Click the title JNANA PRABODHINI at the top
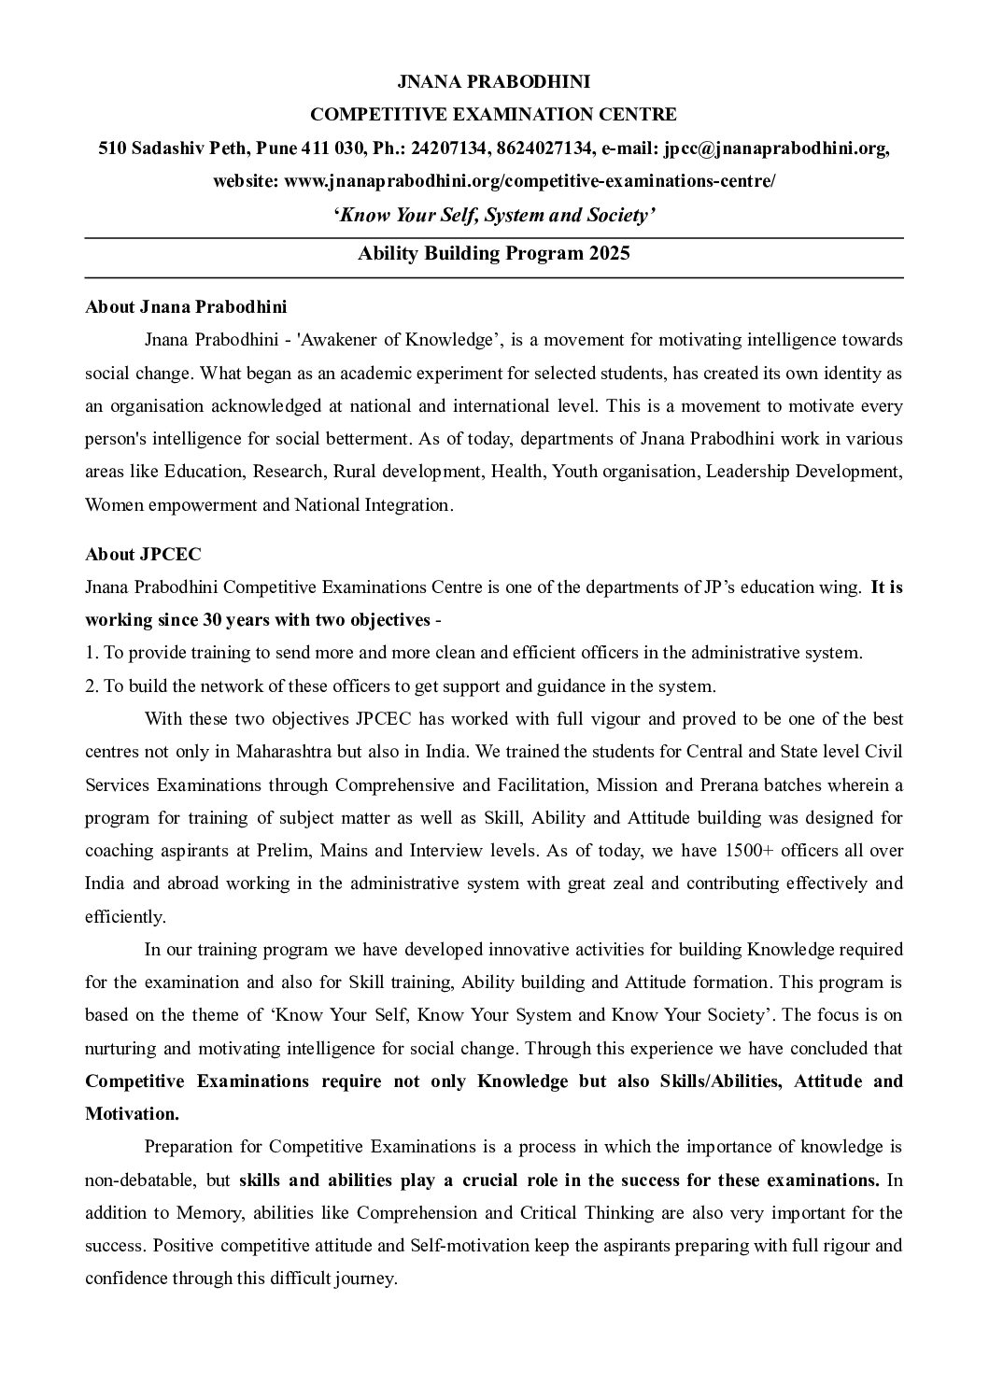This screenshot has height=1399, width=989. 493,81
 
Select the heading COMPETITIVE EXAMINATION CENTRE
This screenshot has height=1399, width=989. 493,115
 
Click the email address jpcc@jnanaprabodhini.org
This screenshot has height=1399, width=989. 776,148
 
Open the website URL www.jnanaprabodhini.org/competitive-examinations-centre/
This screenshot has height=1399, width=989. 529,181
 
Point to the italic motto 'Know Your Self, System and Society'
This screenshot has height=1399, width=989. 493,216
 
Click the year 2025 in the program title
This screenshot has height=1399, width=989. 609,253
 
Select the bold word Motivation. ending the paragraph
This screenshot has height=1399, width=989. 132,1114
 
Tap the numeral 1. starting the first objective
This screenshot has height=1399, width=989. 91,653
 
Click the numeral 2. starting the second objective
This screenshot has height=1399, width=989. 91,686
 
